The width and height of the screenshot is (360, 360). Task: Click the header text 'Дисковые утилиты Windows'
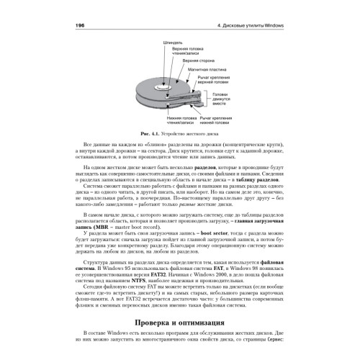click(264, 23)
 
